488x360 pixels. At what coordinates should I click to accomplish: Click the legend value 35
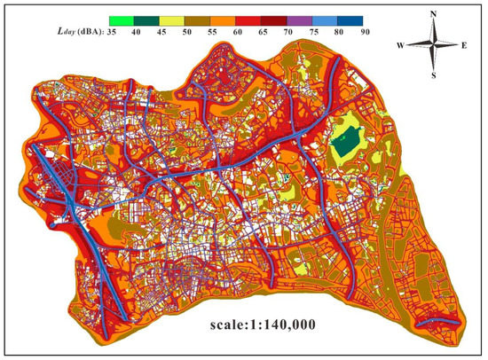112,32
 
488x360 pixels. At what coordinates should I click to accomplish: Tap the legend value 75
302,32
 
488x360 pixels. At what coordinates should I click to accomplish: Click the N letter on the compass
432,13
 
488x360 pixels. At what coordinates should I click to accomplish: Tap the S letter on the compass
432,74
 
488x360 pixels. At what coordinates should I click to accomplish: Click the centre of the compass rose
432,43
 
